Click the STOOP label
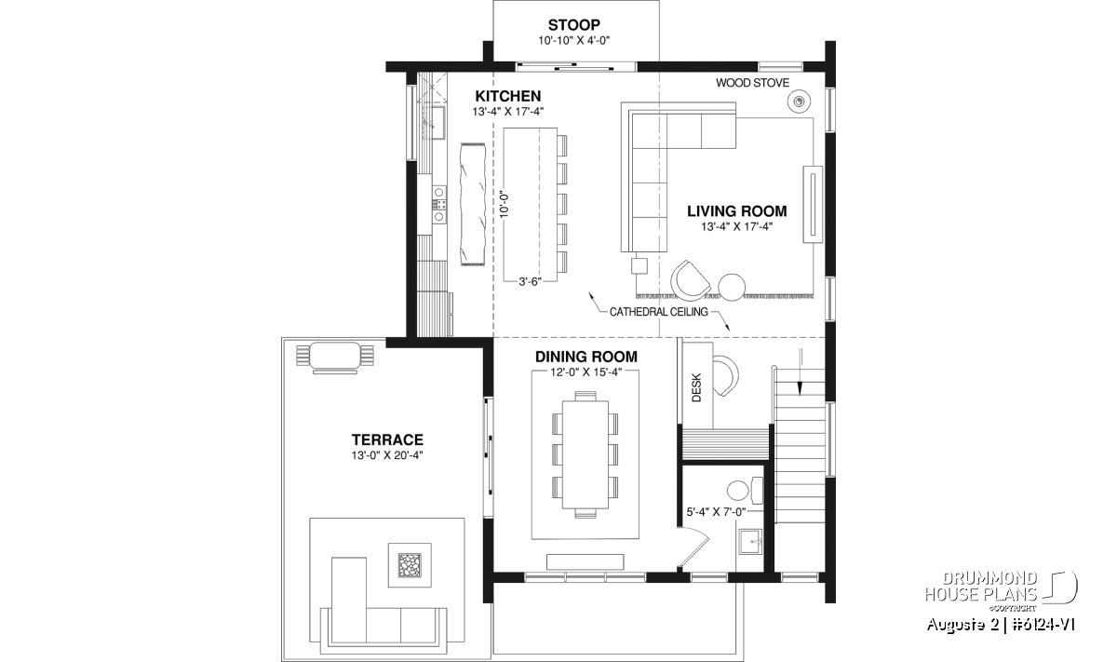coord(574,24)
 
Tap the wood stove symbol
coord(799,101)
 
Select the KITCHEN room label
coord(507,96)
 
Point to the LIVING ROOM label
coord(737,211)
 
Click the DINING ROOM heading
coord(585,357)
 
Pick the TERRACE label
coord(387,439)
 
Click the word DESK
coord(696,387)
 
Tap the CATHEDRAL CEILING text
coord(659,312)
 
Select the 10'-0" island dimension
coord(505,205)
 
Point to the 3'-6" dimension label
coord(530,282)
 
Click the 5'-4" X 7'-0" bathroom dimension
coord(716,511)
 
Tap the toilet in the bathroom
coord(745,490)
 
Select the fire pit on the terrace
coord(410,565)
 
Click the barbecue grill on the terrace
coord(334,358)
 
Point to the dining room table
coord(585,454)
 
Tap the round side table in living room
coord(732,288)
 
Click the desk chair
coord(726,375)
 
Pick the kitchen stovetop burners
coord(438,204)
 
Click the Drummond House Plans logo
coord(1001,592)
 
